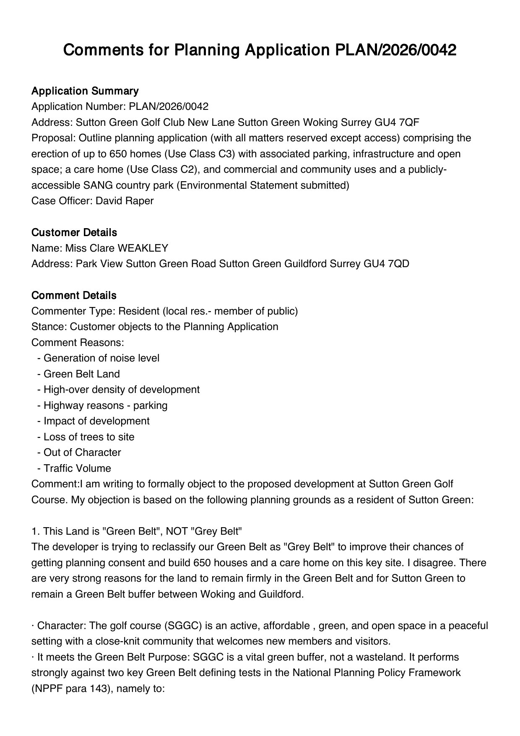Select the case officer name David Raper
point(125,201)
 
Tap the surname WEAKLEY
point(143,248)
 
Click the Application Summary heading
point(85,91)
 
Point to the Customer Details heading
point(74,232)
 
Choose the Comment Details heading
point(74,295)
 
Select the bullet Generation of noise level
point(101,358)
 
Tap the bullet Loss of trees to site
point(89,437)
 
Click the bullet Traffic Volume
point(77,468)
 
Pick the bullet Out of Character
point(82,453)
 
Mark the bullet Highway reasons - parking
point(105,405)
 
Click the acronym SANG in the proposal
point(95,185)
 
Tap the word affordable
point(284,626)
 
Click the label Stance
point(49,327)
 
